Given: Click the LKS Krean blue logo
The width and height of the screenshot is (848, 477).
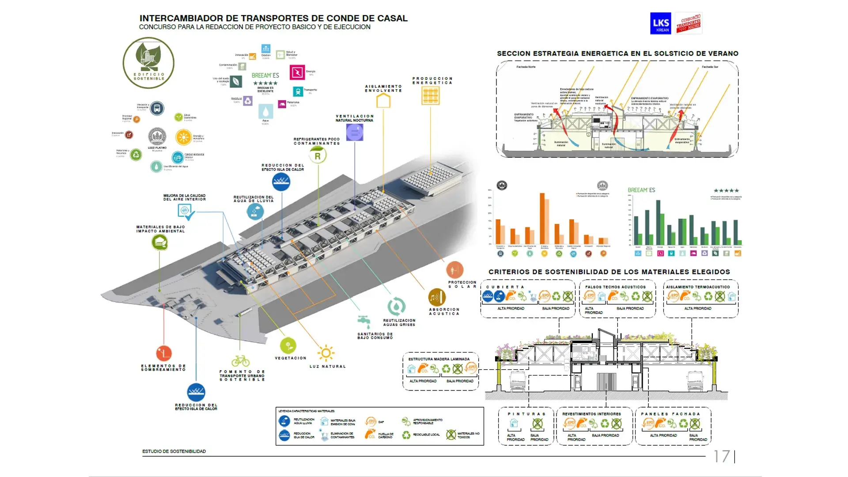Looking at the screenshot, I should [660, 23].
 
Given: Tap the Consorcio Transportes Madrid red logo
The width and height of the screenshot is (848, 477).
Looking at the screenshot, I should [689, 23].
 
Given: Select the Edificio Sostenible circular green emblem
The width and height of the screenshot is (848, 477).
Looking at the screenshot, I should [148, 63].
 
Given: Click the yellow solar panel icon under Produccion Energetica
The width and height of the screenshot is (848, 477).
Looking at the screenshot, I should [431, 95].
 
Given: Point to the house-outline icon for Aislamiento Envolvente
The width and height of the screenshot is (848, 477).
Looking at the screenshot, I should [383, 101].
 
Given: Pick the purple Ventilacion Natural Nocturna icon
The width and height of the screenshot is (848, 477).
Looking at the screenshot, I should [355, 132].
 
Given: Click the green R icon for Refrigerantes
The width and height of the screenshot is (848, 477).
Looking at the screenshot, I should [318, 155].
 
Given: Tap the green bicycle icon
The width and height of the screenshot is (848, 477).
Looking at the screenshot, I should [240, 361].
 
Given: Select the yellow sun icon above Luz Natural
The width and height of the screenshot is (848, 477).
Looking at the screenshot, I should [326, 353].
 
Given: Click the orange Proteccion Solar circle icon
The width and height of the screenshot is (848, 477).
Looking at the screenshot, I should [454, 269].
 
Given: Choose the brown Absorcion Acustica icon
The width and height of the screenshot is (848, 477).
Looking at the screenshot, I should [437, 297].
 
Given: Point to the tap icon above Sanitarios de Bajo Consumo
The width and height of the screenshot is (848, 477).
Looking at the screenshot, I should [364, 321].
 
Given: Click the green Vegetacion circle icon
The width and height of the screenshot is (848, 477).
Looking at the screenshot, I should [288, 345].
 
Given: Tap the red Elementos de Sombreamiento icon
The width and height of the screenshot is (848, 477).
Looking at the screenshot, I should [164, 353].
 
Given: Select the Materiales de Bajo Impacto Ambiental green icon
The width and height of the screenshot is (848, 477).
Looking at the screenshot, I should [159, 242].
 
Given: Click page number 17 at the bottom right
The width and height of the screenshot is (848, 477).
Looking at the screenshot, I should [722, 456].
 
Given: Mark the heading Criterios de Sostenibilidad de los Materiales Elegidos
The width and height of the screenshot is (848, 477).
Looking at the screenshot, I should [609, 272].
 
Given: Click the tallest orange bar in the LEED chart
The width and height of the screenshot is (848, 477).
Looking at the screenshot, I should [542, 219].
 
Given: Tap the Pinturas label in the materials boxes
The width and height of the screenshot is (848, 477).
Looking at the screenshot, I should [526, 414].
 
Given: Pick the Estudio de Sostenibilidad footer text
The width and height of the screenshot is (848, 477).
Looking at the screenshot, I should [174, 451].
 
